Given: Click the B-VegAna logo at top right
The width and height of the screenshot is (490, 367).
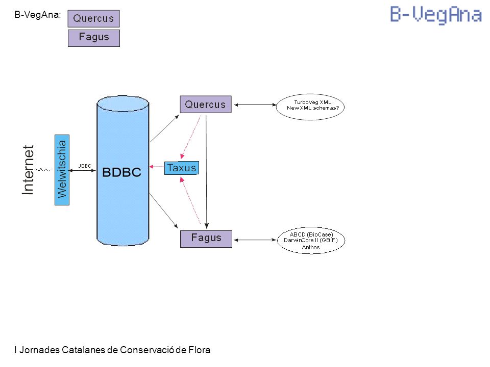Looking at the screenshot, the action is click(x=436, y=15).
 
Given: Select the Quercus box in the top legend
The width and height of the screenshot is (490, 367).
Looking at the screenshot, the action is click(x=93, y=18).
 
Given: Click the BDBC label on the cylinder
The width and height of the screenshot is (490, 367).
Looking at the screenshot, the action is click(x=121, y=172).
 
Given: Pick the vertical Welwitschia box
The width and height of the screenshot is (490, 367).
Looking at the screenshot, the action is click(x=62, y=170).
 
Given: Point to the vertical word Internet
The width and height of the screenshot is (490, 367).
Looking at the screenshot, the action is click(x=28, y=170).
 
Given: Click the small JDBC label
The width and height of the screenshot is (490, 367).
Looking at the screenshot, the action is click(x=85, y=166).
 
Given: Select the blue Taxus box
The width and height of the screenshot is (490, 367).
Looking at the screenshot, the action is click(x=182, y=168).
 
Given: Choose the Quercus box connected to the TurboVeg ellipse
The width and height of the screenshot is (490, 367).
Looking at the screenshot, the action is click(x=206, y=104).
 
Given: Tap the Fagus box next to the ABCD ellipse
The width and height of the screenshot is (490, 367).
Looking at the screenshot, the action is click(x=206, y=239).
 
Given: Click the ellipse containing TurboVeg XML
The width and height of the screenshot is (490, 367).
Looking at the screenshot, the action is click(x=310, y=107).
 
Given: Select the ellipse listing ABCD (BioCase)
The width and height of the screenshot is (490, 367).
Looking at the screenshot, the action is click(x=311, y=240).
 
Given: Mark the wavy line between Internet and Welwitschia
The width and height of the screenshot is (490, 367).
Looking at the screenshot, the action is click(x=44, y=170).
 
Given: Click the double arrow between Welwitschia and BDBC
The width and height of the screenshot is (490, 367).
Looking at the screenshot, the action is click(x=82, y=170).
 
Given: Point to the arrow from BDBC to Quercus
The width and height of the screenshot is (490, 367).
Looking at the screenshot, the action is click(x=164, y=128).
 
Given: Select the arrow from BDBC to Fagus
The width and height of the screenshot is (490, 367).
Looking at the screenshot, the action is click(x=164, y=211).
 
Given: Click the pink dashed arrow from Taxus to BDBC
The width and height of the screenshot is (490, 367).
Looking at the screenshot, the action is click(x=157, y=167).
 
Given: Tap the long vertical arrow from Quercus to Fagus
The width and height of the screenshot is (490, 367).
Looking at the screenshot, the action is click(x=206, y=172).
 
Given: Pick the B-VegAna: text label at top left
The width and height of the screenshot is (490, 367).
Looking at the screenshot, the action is click(x=37, y=15).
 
